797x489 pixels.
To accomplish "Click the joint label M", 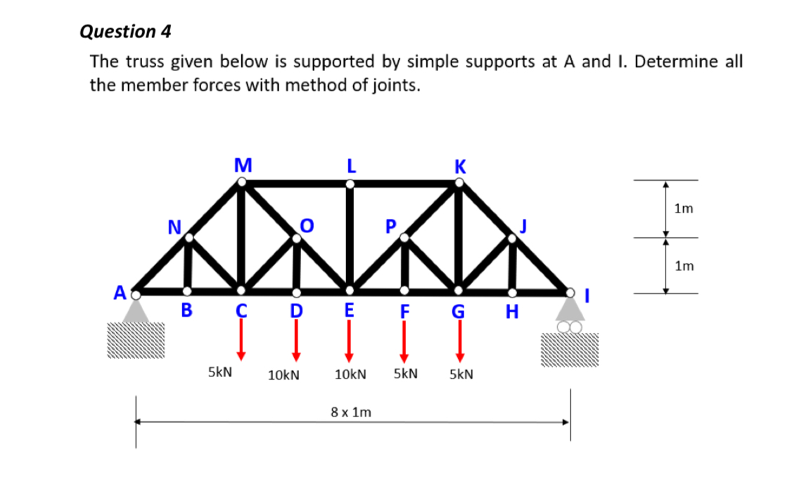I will pos(243,166).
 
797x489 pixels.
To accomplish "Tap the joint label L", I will pos(350,167).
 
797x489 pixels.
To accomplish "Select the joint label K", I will pos(459,167).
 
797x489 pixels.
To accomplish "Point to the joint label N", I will pos(173,226).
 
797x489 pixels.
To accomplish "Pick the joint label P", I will pos(391,226).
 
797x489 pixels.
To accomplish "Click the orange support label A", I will pos(121,291).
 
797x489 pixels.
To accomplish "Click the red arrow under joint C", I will pos(241,338).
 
